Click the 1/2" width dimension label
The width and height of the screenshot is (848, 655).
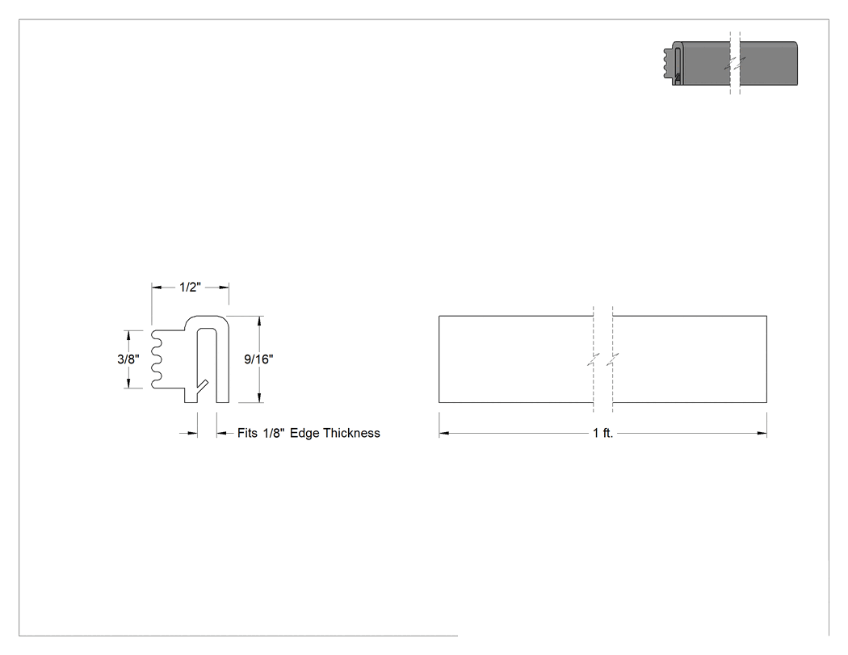click(x=190, y=288)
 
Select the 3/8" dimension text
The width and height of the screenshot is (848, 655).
click(x=128, y=359)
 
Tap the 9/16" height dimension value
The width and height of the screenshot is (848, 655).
click(x=258, y=359)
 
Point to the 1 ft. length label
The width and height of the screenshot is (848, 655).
click(x=603, y=433)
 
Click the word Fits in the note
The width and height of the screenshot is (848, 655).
click(x=247, y=433)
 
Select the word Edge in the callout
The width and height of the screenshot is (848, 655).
click(x=304, y=434)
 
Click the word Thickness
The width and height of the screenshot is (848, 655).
click(x=351, y=433)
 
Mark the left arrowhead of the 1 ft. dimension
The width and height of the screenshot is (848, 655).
click(x=443, y=433)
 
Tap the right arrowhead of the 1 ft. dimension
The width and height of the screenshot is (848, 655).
click(x=762, y=433)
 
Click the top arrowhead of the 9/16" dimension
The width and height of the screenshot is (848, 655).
click(x=260, y=321)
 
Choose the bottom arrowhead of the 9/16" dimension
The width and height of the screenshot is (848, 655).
click(x=260, y=398)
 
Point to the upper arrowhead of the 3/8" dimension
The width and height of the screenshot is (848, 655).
click(x=128, y=335)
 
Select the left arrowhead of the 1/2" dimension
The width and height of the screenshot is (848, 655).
click(x=157, y=288)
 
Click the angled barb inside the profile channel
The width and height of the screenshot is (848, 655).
click(x=202, y=387)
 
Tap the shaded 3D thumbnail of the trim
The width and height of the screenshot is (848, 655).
click(x=731, y=63)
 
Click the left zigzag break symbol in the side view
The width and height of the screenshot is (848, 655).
click(x=594, y=359)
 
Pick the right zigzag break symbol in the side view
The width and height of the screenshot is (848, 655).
click(x=613, y=359)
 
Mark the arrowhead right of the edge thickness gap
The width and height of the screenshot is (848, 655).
click(x=222, y=433)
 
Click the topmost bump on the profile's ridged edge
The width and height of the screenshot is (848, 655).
click(x=156, y=335)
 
